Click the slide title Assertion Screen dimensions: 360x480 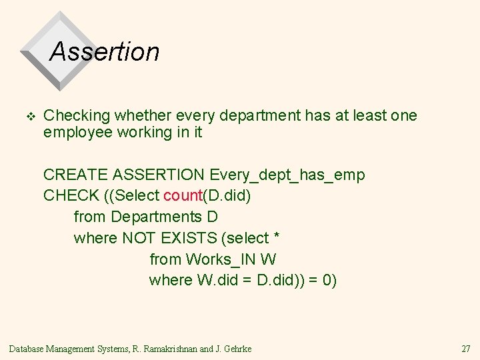[105, 51]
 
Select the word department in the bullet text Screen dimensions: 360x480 [259, 116]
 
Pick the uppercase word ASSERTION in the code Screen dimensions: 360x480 [159, 175]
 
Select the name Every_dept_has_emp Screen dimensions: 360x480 [287, 175]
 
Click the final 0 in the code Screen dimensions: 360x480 [327, 280]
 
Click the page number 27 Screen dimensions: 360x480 [465, 349]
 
